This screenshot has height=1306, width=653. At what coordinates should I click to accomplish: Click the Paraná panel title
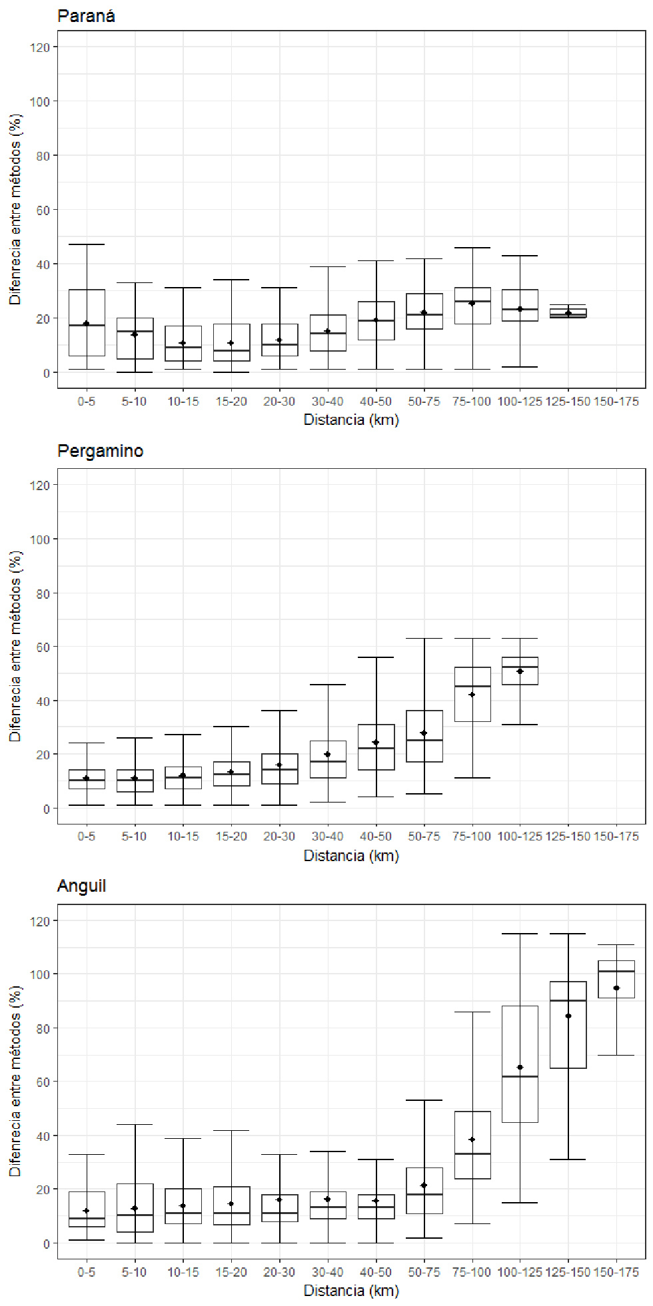(86, 16)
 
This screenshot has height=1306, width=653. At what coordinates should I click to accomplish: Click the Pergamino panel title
(100, 451)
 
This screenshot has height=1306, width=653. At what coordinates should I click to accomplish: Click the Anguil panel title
(82, 886)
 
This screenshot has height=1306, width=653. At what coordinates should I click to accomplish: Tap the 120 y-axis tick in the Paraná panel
(39, 47)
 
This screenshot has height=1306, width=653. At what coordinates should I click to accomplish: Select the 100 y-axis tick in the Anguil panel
(39, 974)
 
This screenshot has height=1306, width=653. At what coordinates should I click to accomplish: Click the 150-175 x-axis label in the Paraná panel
(616, 402)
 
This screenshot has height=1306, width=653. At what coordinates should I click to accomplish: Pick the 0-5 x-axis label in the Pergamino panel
(86, 836)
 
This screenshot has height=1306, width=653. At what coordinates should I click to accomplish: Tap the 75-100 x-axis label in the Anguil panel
(472, 1272)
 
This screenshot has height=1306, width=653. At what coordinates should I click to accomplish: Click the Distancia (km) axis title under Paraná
(351, 420)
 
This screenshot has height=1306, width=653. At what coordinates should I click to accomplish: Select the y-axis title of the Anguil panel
(15, 1082)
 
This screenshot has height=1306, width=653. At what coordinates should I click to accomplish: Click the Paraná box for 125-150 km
(568, 313)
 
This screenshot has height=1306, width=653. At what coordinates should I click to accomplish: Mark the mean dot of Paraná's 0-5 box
(86, 324)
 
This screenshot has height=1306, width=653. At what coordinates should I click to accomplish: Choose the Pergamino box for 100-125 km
(520, 671)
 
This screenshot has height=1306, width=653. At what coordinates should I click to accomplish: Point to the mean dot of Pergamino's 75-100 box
(472, 695)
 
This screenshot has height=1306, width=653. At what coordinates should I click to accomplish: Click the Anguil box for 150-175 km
(616, 979)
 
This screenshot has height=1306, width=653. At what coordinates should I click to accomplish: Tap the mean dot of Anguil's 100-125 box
(520, 1068)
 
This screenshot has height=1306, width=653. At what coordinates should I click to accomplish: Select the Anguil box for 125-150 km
(568, 1026)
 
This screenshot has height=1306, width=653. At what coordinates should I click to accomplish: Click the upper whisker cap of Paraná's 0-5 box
(86, 244)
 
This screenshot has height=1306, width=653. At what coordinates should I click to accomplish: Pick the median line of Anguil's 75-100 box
(472, 1153)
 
